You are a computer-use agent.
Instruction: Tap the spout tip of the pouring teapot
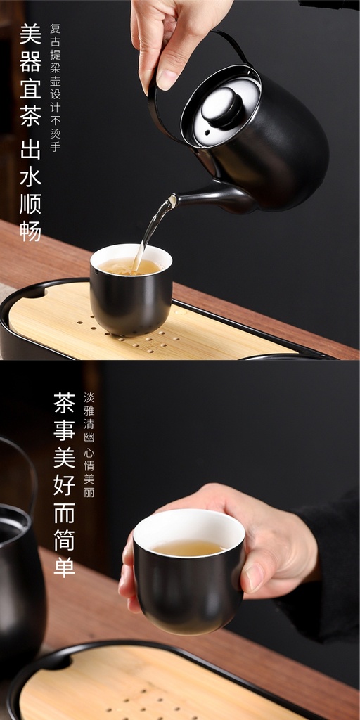172,200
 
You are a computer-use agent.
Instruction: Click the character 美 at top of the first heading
31,34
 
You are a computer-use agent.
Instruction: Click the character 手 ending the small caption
56,146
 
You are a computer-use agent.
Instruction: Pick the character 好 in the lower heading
64,485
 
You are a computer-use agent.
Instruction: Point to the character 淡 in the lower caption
89,397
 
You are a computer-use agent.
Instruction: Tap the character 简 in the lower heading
64,539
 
